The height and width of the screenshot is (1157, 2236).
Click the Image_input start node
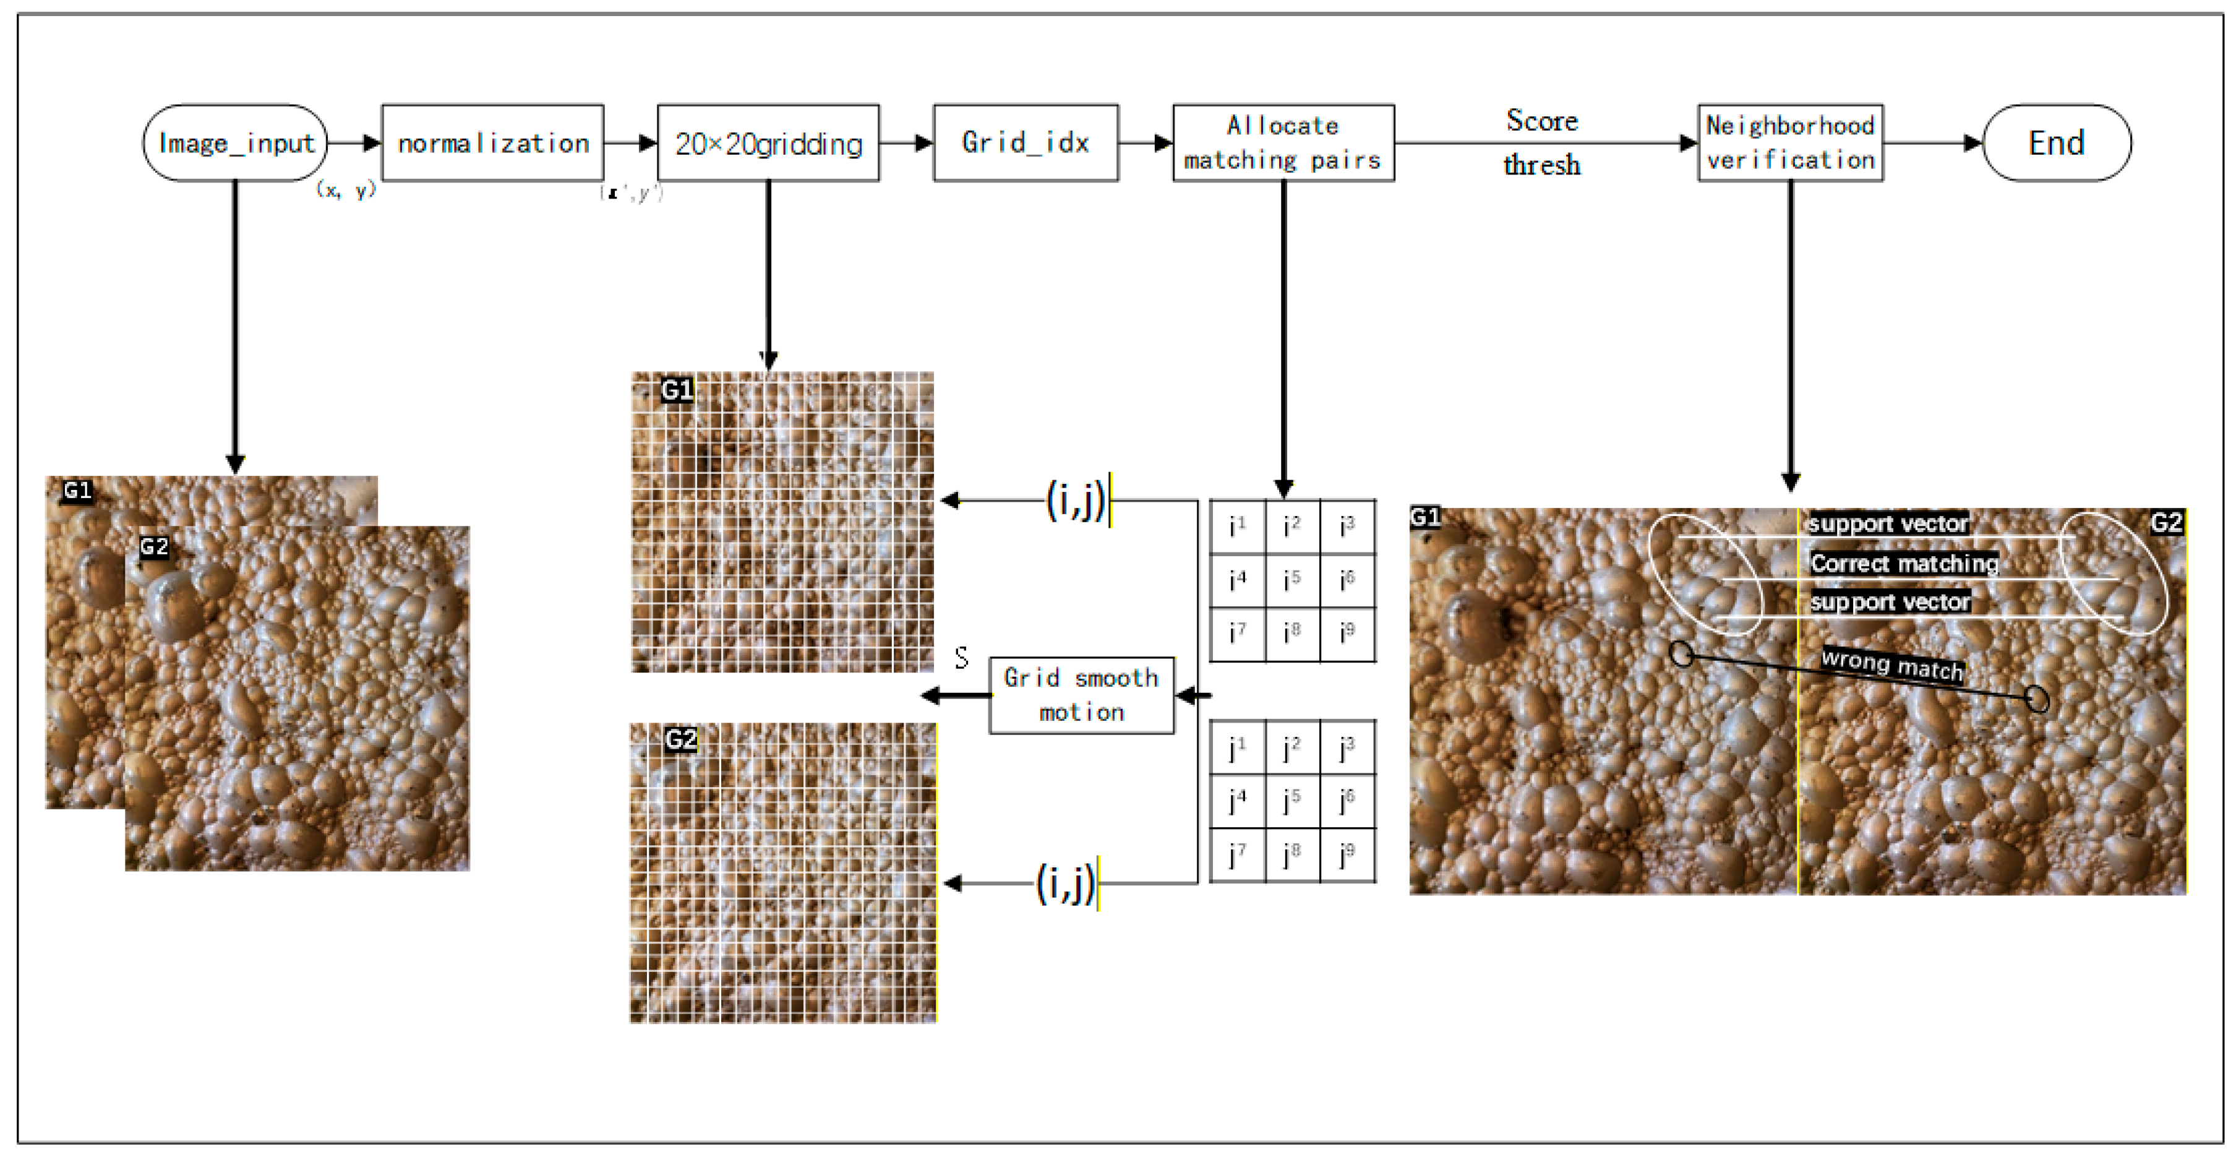[x=234, y=142]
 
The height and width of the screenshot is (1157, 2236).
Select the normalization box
[x=492, y=142]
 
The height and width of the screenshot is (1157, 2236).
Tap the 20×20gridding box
[x=768, y=142]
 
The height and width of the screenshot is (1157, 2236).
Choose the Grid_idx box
[x=1025, y=142]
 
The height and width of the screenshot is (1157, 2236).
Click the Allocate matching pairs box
[x=1283, y=142]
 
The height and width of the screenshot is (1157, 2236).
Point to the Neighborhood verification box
[x=1790, y=142]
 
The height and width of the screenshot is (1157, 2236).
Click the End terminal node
[x=2057, y=142]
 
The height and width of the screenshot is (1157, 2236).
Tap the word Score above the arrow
[x=1541, y=121]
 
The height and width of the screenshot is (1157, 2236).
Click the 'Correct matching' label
[x=1904, y=563]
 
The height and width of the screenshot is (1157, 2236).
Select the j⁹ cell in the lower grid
[x=1347, y=855]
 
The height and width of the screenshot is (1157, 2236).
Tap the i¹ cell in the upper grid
[x=1237, y=526]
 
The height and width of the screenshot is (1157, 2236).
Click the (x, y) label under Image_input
[x=346, y=189]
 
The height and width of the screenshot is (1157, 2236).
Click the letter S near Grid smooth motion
[x=961, y=658]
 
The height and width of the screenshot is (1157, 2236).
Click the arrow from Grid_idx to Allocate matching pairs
[x=1145, y=143]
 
